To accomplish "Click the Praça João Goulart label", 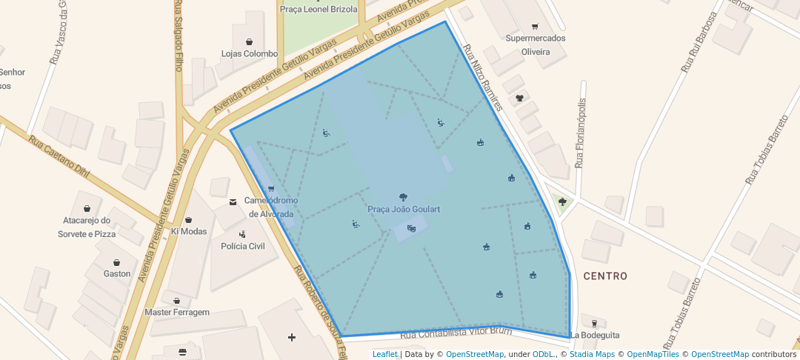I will pos(404,210).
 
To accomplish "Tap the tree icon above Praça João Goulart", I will pos(403,197).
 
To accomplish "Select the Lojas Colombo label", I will pos(250,54).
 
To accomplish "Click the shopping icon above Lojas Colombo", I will pos(249,41).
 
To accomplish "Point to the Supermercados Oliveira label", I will pos(535,45).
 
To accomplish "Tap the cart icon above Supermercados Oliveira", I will pos(533,26).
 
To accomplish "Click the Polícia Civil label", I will pos(238,246).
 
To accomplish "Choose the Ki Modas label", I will pos(189,231).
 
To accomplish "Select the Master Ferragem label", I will pos(177,313).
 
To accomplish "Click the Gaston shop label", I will pos(117,274).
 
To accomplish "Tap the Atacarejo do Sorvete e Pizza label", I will pos(87,227).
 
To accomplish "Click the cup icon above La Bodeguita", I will pos(594,323).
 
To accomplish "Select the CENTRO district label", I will pos(605,276).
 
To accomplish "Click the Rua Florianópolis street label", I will pos(581,133).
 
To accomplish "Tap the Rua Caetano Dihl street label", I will pos(59,158).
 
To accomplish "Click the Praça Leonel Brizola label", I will pos(319,10).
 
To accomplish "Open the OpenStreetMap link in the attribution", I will pos(474,355).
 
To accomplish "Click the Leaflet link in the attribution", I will pos(384,355).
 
